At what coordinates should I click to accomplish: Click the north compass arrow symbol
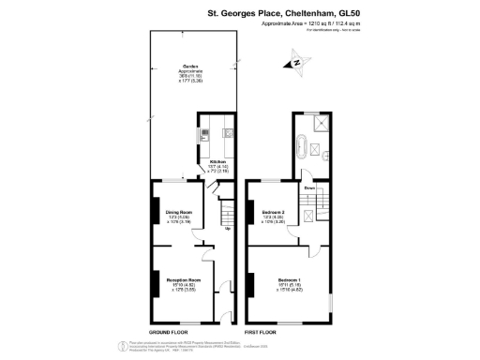[x=298, y=63]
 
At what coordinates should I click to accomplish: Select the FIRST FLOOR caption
[x=262, y=333]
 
